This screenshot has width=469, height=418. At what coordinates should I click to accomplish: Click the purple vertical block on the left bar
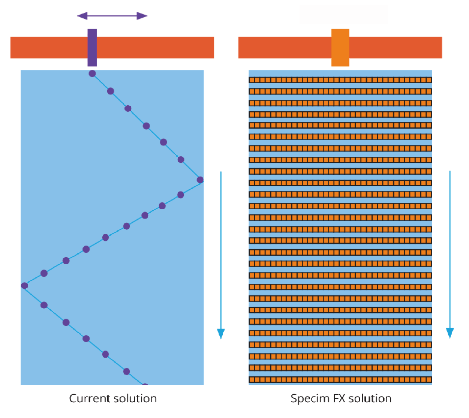pyautogui.click(x=92, y=48)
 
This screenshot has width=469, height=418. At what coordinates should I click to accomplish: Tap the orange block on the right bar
pyautogui.click(x=340, y=48)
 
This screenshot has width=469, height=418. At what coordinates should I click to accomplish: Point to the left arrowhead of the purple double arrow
pyautogui.click(x=82, y=16)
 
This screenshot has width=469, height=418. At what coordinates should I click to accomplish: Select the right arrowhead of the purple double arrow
pyautogui.click(x=142, y=16)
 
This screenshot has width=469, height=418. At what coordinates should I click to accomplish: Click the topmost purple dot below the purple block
pyautogui.click(x=92, y=73)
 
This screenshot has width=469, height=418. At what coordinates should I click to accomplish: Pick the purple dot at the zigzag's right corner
pyautogui.click(x=200, y=180)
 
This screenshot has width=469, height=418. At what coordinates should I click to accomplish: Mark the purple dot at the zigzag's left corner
pyautogui.click(x=24, y=286)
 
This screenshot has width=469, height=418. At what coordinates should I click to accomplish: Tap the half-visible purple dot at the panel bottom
pyautogui.click(x=145, y=384)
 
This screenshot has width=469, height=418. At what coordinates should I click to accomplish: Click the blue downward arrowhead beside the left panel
pyautogui.click(x=221, y=333)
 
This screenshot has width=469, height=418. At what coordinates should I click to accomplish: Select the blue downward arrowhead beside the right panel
pyautogui.click(x=450, y=332)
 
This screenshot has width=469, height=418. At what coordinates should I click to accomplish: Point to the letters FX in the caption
pyautogui.click(x=339, y=398)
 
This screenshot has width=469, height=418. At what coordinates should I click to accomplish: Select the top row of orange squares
pyautogui.click(x=340, y=80)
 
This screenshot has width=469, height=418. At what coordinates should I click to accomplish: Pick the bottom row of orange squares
pyautogui.click(x=340, y=379)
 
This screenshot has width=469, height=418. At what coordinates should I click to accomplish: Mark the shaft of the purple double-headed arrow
pyautogui.click(x=112, y=16)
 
